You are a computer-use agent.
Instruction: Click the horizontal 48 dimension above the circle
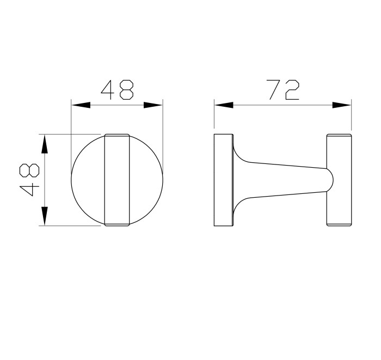pos(118,90)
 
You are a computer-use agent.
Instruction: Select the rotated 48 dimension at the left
pos(29,179)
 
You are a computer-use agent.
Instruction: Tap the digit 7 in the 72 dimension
pos(274,90)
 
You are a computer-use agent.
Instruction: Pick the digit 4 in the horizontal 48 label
pos(108,90)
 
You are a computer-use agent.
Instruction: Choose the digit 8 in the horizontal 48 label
pos(127,90)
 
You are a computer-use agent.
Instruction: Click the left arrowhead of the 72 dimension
pos(223,105)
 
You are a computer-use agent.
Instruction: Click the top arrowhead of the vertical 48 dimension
pos(45,144)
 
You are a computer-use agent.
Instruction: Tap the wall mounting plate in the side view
pos(224,179)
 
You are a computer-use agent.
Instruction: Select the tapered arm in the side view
pos(283,179)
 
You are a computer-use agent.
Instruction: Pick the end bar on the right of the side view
pos(339,179)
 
